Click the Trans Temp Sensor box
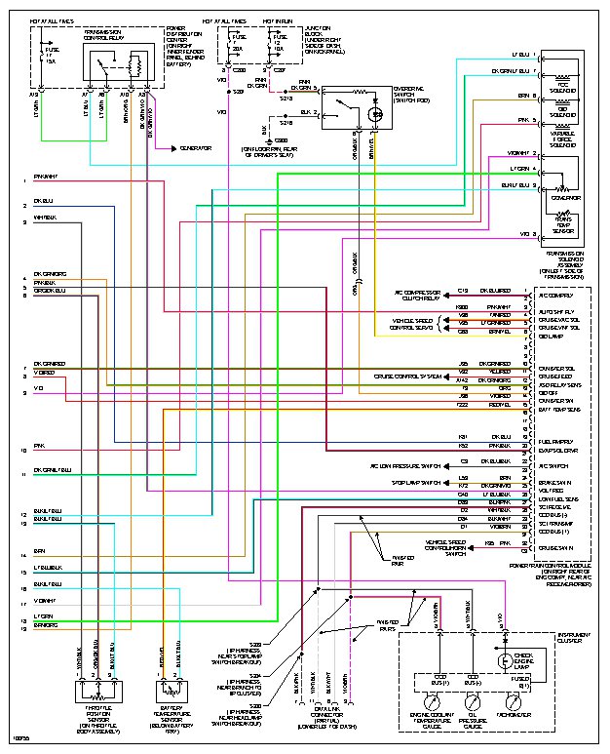562,224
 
